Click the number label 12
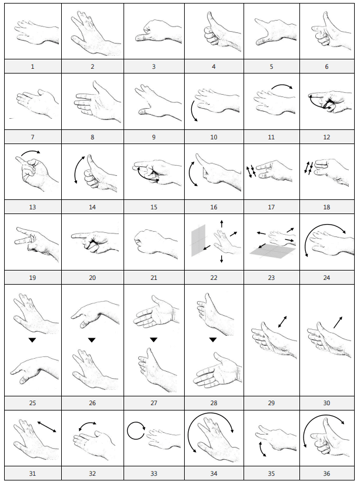[x=326, y=137]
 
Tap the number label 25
[x=32, y=403]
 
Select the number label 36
[x=326, y=473]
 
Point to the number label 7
[x=32, y=137]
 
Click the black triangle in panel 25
[x=32, y=340]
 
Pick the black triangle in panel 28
[x=213, y=340]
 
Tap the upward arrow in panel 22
[x=222, y=224]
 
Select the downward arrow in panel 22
[x=222, y=259]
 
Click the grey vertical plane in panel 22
[x=198, y=240]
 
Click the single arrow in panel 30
[x=338, y=322]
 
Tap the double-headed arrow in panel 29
[x=282, y=322]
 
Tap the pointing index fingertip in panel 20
[x=73, y=236]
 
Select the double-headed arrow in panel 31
[x=47, y=427]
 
